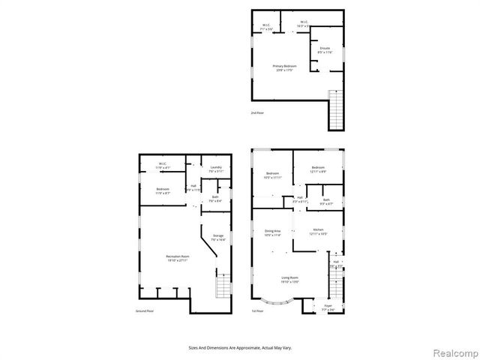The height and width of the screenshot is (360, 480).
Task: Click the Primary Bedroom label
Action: pyautogui.click(x=284, y=67)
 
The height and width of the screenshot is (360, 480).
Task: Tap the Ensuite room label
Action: pyautogui.click(x=325, y=49)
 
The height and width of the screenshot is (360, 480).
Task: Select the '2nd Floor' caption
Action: pyautogui.click(x=257, y=113)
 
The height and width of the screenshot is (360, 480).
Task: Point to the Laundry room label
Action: pyautogui.click(x=216, y=169)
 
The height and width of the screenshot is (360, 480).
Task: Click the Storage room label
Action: pyautogui.click(x=218, y=238)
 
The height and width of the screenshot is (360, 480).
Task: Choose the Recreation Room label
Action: pyautogui.click(x=177, y=259)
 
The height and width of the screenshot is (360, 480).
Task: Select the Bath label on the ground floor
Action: pyautogui.click(x=214, y=198)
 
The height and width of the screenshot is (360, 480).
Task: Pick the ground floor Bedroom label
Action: pyautogui.click(x=163, y=190)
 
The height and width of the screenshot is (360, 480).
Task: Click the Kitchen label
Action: pyautogui.click(x=318, y=231)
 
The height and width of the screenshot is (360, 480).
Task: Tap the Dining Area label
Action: pyautogui.click(x=272, y=232)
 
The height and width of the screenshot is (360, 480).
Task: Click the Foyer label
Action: pyautogui.click(x=327, y=307)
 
